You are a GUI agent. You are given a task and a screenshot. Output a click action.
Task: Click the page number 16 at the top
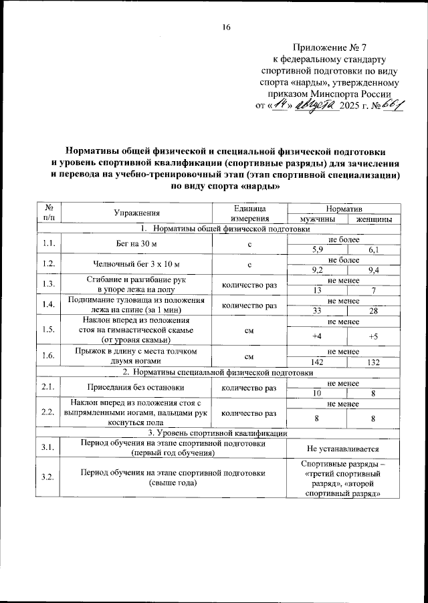click(x=226, y=27)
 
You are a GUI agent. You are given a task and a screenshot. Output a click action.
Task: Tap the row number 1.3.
click(x=47, y=285)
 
